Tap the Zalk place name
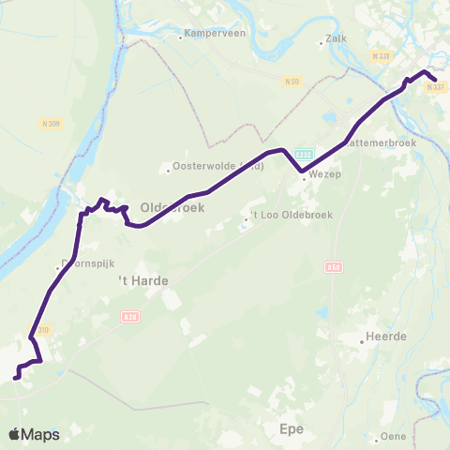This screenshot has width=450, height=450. coord(336,39)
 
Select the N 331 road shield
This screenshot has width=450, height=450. coord(380,58)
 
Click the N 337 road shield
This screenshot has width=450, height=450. coord(433,86)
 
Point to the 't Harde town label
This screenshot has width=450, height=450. coord(136,280)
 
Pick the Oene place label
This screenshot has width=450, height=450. coord(392,437)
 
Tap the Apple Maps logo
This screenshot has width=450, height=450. coord(34,434)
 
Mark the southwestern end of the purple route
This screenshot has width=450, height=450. coord(16,379)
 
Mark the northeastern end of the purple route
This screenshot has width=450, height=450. coord(433,80)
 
